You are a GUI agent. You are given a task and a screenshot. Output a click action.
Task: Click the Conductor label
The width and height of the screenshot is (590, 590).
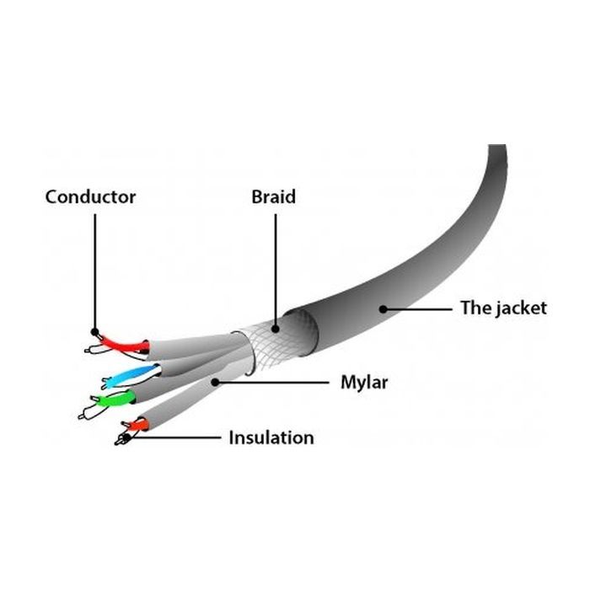pyautogui.click(x=90, y=197)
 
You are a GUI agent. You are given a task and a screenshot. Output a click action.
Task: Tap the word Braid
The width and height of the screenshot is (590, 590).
pyautogui.click(x=273, y=197)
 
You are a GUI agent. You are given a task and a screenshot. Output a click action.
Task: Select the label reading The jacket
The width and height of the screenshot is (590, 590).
pyautogui.click(x=503, y=308)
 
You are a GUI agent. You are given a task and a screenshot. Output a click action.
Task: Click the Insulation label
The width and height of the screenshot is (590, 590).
pyautogui.click(x=271, y=437)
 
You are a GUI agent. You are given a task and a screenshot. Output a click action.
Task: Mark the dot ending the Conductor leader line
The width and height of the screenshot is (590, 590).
pyautogui.click(x=95, y=332)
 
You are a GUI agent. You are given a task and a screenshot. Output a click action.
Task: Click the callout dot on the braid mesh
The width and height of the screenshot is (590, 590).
pyautogui.click(x=275, y=325)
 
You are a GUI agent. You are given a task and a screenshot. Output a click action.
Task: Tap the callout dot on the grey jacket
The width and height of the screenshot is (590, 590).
pyautogui.click(x=383, y=308)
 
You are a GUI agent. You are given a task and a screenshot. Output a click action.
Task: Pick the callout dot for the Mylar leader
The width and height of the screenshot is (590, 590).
pyautogui.click(x=217, y=382)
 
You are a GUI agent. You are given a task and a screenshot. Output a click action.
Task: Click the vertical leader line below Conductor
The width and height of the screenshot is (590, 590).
pyautogui.click(x=95, y=270)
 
